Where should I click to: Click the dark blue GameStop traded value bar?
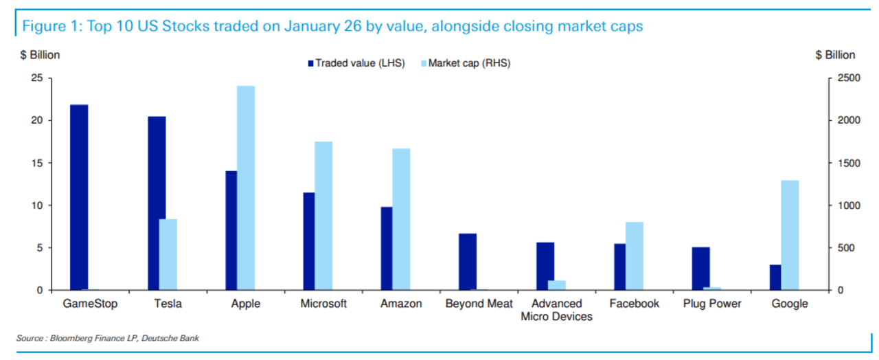[79, 197]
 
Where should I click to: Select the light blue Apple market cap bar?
[246, 188]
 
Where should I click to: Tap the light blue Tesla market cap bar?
[168, 254]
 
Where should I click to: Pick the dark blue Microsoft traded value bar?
[309, 241]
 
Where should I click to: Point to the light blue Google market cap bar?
[790, 235]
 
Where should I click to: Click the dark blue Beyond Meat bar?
[468, 262]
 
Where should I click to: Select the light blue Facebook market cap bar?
[635, 256]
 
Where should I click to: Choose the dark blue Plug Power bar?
[701, 269]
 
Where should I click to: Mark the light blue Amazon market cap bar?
[402, 219]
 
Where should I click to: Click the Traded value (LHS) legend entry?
[356, 63]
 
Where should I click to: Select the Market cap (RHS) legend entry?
[466, 63]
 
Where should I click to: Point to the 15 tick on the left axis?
[37, 163]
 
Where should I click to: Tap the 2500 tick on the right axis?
[849, 78]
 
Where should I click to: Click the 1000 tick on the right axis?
[849, 205]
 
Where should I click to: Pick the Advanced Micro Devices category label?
[556, 310]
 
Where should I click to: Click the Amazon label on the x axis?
[401, 304]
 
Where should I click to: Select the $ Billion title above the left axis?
[40, 55]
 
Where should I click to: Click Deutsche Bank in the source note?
[170, 338]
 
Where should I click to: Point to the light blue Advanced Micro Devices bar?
[557, 285]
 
